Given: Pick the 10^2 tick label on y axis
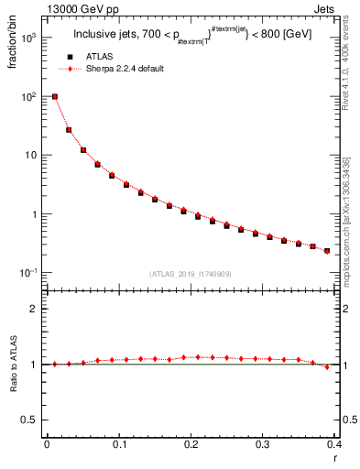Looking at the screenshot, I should tap(29, 96).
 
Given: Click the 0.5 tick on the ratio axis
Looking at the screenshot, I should tap(33, 420).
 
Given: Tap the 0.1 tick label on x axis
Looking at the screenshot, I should tap(119, 445).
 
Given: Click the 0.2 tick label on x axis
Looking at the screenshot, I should tap(191, 445).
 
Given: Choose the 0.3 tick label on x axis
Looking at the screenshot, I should tap(263, 445).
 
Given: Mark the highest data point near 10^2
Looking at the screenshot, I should tap(55, 96).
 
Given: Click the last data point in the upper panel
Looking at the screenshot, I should tap(327, 250).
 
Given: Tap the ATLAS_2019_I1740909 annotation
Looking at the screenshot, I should tap(191, 274).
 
